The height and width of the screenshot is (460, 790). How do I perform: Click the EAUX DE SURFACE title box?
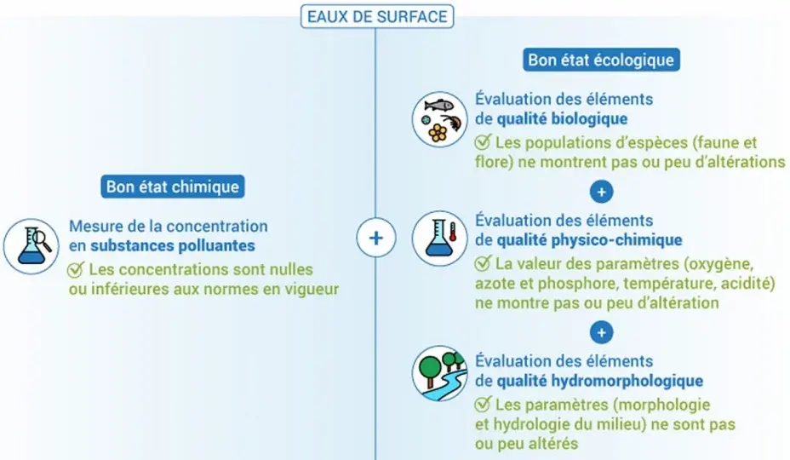point(377,16)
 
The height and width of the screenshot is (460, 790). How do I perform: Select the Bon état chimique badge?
point(172,187)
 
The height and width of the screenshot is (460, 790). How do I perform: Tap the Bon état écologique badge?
point(601,60)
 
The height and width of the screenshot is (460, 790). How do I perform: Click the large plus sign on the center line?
point(376,238)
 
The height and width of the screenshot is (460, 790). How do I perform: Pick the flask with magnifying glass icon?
point(31,246)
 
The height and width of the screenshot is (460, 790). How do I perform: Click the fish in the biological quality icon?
point(439,106)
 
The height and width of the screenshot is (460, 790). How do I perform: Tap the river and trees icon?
point(439,373)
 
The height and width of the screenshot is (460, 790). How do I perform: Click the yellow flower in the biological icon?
point(438,133)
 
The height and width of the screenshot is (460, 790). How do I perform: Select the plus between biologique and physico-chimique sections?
point(601,192)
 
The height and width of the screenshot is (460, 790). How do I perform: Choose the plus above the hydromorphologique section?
point(601,333)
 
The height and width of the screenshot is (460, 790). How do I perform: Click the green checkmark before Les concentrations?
point(76,269)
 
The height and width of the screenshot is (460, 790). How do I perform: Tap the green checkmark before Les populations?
point(482,141)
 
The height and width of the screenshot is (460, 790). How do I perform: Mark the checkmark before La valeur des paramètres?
point(482,262)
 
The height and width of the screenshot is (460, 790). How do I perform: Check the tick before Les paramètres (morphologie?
point(482,404)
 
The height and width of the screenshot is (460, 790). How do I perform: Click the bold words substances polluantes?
point(173,245)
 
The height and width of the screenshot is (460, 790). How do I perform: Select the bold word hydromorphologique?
point(600,381)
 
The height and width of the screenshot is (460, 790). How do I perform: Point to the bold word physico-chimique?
point(589,240)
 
